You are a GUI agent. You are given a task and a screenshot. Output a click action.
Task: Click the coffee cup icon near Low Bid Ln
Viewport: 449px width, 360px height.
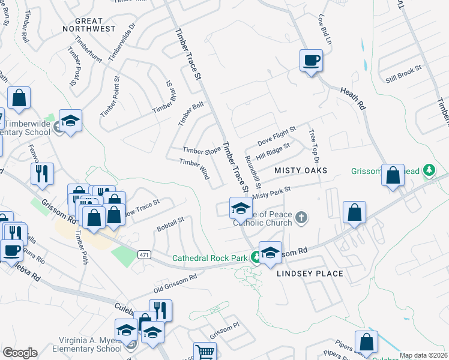(x=311, y=60)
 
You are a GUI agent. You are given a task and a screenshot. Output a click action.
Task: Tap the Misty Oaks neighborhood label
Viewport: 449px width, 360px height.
(x=301, y=171)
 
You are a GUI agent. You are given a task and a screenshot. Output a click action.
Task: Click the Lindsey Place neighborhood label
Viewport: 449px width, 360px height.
(x=310, y=274)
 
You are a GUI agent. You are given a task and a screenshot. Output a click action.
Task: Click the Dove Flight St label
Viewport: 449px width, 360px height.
(x=277, y=135)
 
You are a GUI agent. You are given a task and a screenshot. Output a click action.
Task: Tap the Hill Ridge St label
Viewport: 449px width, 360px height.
(x=273, y=151)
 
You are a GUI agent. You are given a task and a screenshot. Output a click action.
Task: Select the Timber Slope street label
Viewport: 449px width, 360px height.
(x=202, y=151)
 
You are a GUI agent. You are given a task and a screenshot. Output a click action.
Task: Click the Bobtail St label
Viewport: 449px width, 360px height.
(x=170, y=225)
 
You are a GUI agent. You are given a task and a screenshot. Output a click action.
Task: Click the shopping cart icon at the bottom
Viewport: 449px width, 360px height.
(x=205, y=352)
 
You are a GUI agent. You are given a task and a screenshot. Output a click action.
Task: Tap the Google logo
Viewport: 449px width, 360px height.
(x=20, y=353)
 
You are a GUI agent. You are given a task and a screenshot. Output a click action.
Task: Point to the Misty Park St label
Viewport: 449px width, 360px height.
(x=271, y=193)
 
